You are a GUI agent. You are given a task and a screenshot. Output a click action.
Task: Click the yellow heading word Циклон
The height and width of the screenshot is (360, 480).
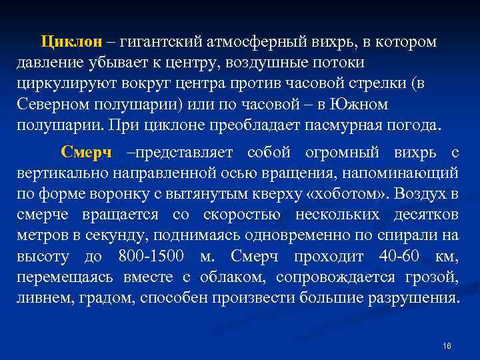tap(72, 42)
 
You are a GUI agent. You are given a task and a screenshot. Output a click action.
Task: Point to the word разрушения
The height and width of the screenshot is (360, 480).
tap(411, 298)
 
